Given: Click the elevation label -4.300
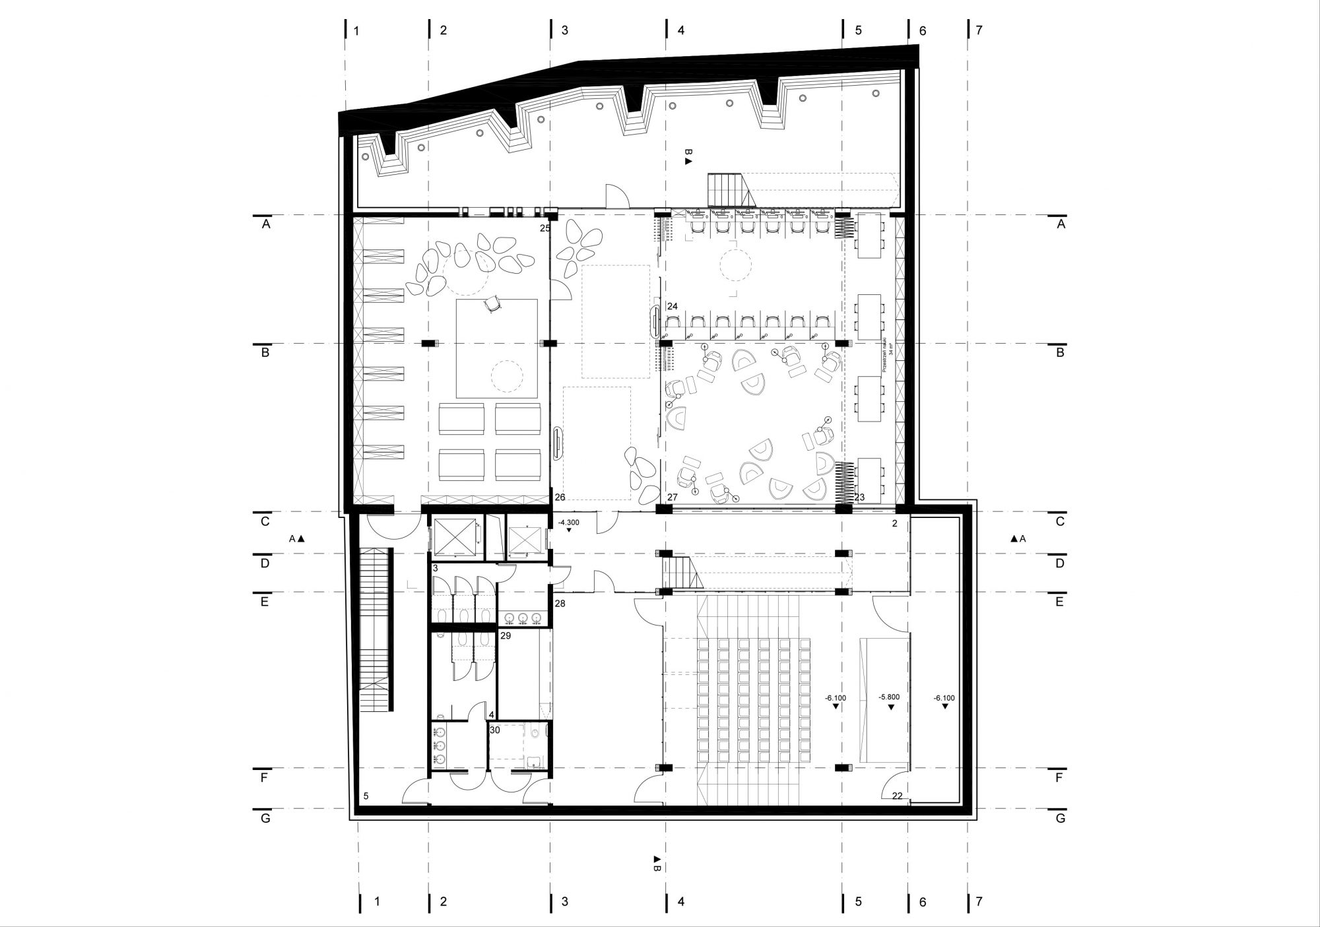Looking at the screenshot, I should [568, 522].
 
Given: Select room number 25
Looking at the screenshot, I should [544, 228].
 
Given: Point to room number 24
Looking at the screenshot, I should [672, 306].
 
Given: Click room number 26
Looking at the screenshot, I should [560, 497].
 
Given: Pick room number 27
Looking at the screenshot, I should [672, 497].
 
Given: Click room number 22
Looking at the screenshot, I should [897, 796].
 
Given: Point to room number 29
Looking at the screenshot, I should [506, 636].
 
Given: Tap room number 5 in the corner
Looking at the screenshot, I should [366, 796].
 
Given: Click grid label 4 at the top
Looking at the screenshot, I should [681, 30].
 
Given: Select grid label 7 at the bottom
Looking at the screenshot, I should [979, 901].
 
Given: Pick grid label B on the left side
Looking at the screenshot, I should [265, 353].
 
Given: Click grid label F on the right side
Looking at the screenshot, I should [1059, 777].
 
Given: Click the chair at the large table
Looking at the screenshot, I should [493, 304].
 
